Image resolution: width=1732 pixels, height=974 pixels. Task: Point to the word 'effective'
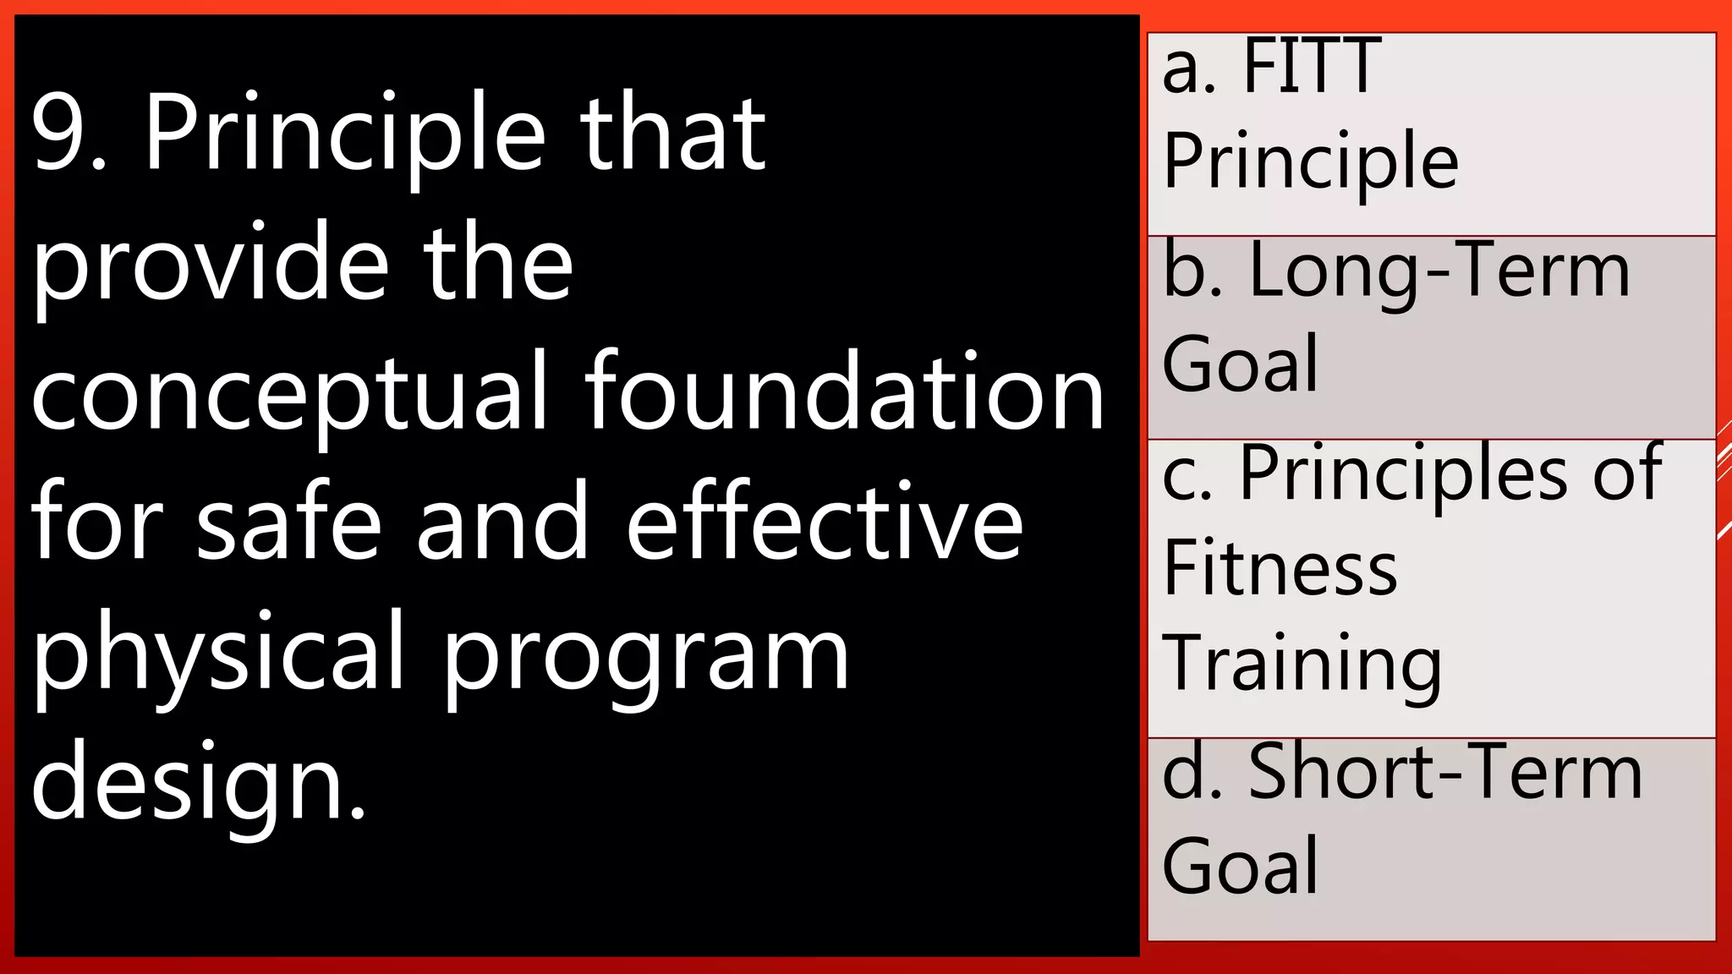coord(825,523)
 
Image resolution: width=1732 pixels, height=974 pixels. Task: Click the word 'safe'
coord(289,523)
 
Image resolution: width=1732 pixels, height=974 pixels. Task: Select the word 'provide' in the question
coord(211,264)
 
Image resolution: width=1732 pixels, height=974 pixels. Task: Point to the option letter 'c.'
coord(1188,475)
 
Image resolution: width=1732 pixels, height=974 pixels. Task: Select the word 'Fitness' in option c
coord(1280,568)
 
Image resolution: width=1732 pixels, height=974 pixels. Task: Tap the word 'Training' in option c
coord(1302,665)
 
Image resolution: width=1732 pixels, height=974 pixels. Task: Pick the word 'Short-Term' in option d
coord(1445,773)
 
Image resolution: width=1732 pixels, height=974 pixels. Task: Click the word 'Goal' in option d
coord(1241,866)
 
